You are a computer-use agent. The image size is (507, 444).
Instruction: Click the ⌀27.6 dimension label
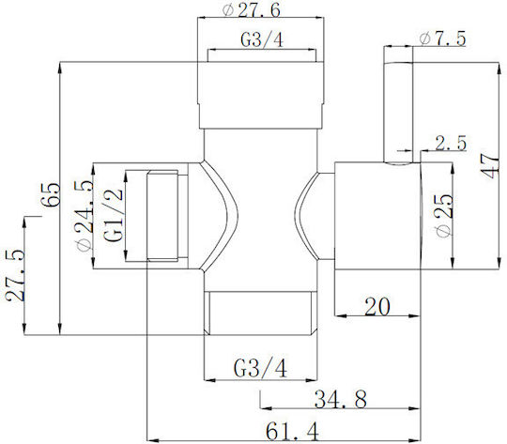(x=252, y=10)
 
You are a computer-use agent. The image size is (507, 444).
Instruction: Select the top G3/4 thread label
(x=262, y=40)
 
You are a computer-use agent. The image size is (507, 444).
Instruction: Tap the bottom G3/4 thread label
(x=260, y=368)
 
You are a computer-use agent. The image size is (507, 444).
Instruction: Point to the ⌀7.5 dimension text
(x=442, y=38)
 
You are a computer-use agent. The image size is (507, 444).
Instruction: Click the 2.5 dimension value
(x=451, y=143)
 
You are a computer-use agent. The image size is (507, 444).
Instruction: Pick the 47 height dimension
(x=491, y=166)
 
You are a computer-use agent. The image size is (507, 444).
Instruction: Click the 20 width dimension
(x=377, y=306)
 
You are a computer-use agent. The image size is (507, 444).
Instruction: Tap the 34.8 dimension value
(x=341, y=399)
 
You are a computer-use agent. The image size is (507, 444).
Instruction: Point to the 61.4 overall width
(x=292, y=431)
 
